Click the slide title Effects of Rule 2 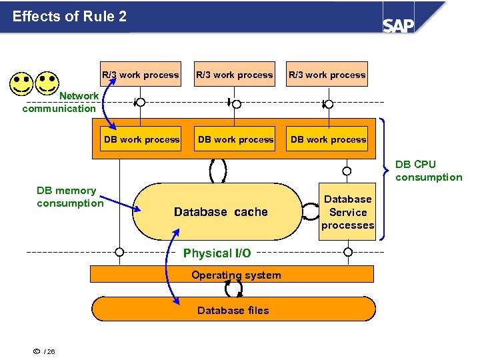click(69, 17)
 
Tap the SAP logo click(399, 25)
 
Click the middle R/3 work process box click(234, 75)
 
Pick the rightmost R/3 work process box click(327, 75)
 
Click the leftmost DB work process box click(141, 139)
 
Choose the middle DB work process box click(235, 139)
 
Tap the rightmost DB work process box click(329, 139)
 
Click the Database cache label click(221, 212)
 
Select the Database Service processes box click(347, 212)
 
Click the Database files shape click(233, 309)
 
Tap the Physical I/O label click(217, 253)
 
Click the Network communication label click(60, 102)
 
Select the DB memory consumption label click(69, 197)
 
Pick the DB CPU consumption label click(428, 171)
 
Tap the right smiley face click(47, 83)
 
